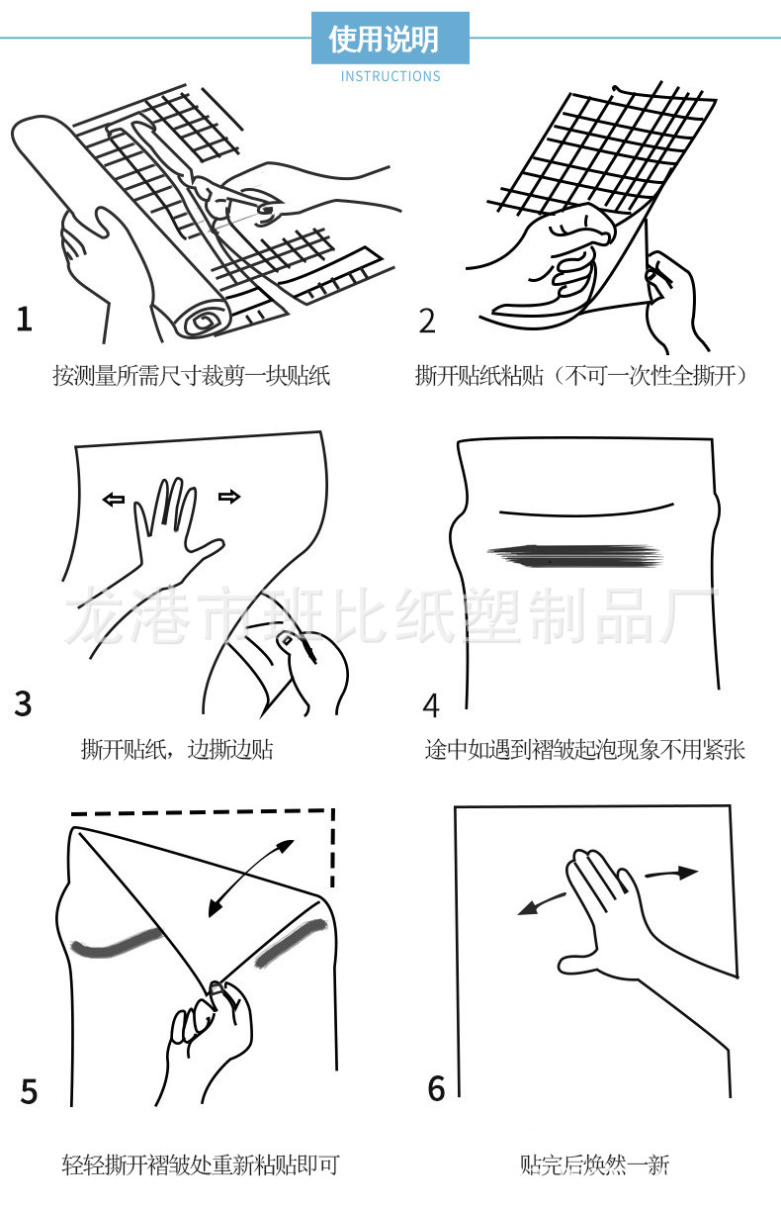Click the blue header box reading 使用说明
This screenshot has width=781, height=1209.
click(390, 40)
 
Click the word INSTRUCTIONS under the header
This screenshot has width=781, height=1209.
click(390, 76)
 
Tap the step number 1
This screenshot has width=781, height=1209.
click(25, 320)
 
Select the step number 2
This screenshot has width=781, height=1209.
click(427, 322)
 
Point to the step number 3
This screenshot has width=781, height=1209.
click(24, 703)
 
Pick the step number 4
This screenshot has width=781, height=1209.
click(431, 705)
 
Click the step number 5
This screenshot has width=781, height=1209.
click(29, 1091)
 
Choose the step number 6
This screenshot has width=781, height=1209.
click(436, 1088)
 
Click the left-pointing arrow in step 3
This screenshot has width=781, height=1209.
click(114, 500)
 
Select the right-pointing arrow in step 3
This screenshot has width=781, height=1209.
click(229, 497)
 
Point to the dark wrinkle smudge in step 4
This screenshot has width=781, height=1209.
click(573, 555)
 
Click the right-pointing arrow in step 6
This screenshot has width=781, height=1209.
click(672, 874)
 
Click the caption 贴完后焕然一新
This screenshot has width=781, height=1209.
click(595, 1164)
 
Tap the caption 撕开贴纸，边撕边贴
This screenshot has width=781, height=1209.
click(177, 749)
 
